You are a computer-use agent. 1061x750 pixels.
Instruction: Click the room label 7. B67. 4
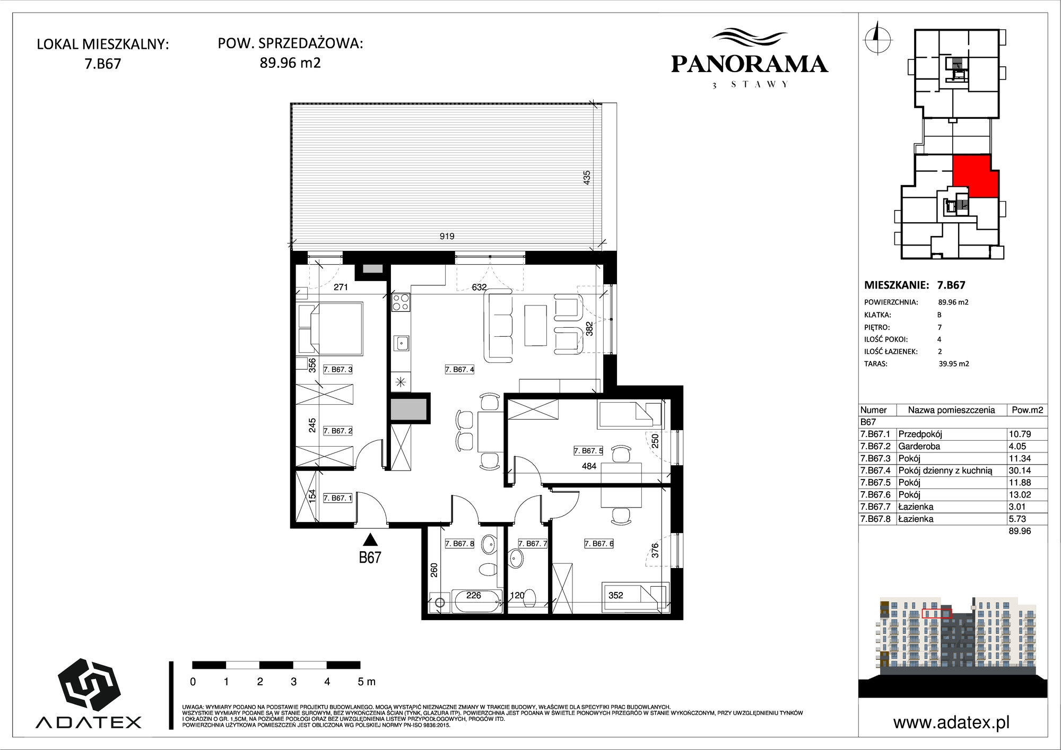coord(459,369)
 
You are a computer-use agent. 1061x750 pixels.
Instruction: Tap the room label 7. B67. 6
coord(599,544)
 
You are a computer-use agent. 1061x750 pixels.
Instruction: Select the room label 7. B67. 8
coord(459,544)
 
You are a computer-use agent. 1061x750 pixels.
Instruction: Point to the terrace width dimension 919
coord(447,236)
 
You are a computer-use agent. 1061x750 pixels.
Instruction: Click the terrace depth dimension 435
coord(586,177)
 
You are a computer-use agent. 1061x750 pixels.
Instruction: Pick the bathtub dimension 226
coord(474,595)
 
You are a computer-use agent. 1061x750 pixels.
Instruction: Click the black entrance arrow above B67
coord(370,539)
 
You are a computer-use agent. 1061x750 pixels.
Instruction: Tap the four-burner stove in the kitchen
coord(401,302)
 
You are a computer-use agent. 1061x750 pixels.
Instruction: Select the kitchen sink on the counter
coord(401,343)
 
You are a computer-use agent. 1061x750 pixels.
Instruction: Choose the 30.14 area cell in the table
coord(1020,470)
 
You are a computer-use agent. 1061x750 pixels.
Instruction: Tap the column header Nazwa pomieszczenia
coord(951,409)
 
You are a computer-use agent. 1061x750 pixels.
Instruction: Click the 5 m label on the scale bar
coord(367,682)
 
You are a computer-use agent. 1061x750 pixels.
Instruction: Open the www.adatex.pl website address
coord(951,722)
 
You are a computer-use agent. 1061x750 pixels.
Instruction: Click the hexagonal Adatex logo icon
coord(89,685)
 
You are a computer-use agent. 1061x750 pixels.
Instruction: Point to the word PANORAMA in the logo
coord(749,64)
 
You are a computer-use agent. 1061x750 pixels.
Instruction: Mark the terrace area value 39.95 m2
coord(954,364)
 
